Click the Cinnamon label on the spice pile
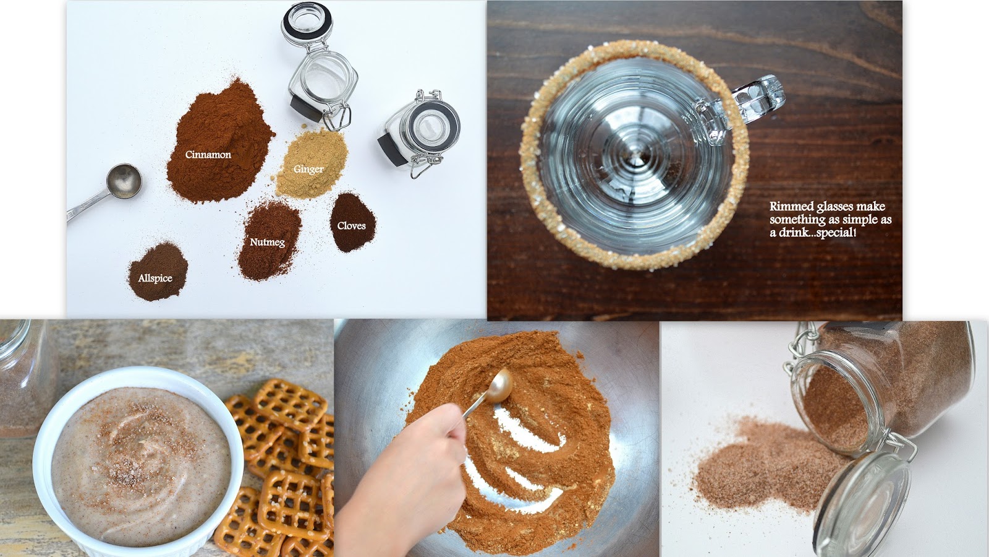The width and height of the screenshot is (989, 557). [x=208, y=155]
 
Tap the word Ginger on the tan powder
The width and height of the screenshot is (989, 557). [x=308, y=170]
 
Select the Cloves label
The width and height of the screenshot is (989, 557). [x=352, y=225]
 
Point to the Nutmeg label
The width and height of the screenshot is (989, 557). [x=268, y=242]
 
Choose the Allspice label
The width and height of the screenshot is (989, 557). [x=155, y=278]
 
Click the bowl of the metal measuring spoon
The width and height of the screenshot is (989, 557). [x=124, y=181]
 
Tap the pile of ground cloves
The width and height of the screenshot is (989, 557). [x=352, y=222]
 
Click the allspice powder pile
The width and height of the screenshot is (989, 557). [x=158, y=272]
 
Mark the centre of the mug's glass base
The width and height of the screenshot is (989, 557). [x=635, y=155]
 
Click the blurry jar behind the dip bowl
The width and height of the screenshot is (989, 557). [x=24, y=378]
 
